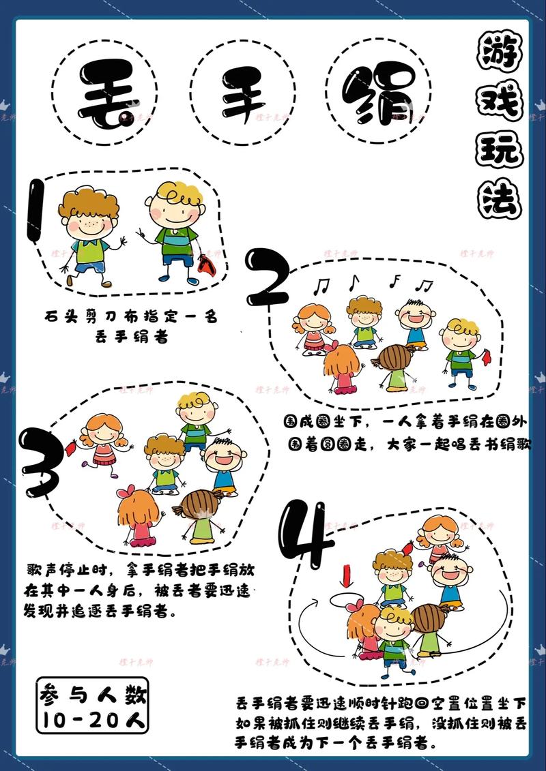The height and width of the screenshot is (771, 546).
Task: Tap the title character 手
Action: coord(243,93)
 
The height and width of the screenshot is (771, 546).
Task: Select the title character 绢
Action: coord(379,93)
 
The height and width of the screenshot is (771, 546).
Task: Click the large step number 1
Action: coord(35,211)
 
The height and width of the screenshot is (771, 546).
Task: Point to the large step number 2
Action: coord(268,277)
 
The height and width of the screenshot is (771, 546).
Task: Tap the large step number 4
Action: coord(305,534)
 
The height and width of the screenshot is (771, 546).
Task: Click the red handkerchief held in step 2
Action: coord(487,357)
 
